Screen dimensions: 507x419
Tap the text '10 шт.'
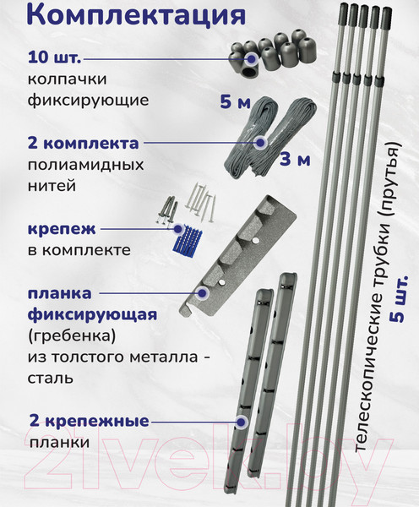53,59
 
